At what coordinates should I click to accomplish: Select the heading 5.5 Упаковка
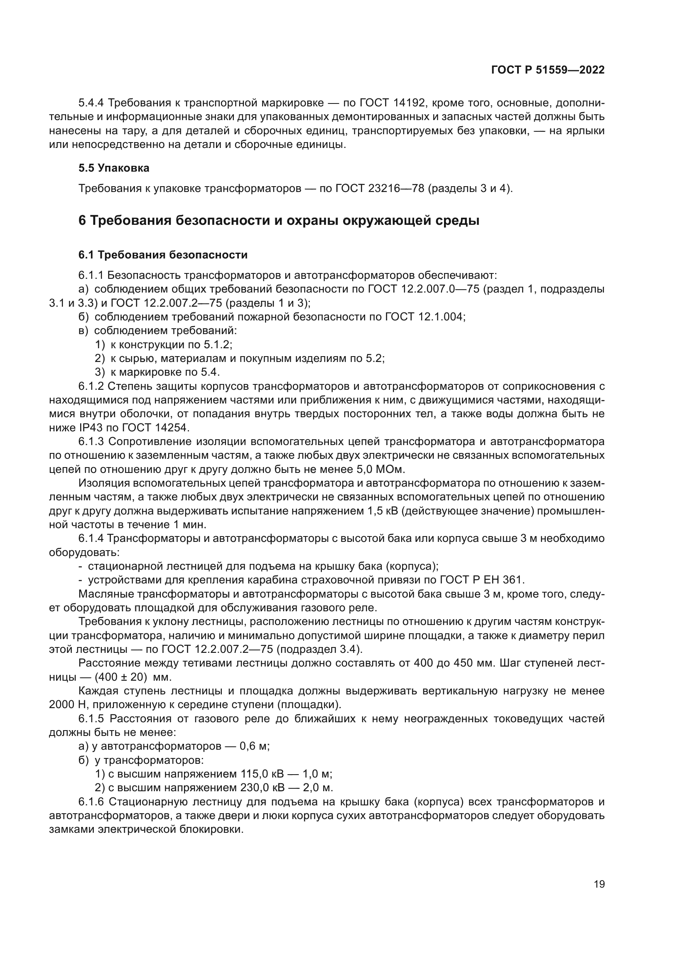(x=114, y=168)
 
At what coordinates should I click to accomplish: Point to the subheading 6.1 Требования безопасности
(x=163, y=255)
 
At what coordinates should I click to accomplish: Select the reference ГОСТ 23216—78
(x=380, y=188)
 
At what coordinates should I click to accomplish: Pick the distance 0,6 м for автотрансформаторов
(x=254, y=746)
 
